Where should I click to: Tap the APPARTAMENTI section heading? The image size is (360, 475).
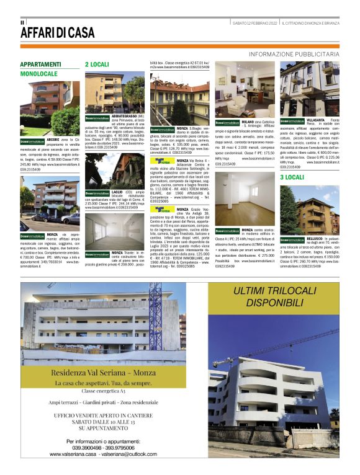tap(41, 64)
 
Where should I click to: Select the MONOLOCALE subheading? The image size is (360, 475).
tap(38, 74)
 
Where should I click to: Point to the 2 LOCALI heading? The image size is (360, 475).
tap(97, 64)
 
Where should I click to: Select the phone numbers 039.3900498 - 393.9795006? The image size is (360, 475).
tap(102, 447)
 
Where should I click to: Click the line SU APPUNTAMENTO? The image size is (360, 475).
tap(102, 428)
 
